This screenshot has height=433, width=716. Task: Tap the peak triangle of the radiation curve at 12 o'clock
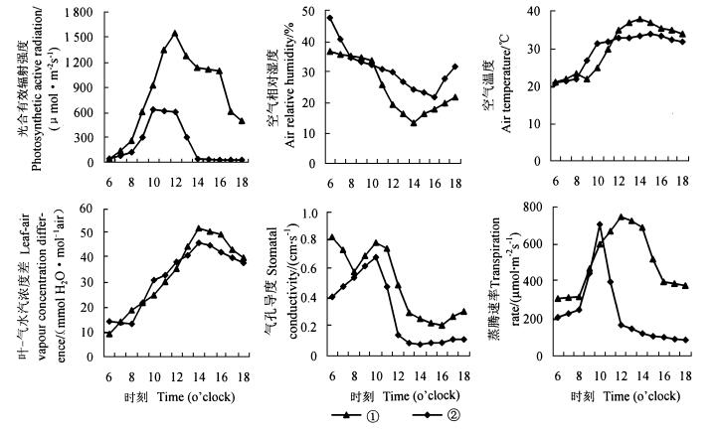pos(175,33)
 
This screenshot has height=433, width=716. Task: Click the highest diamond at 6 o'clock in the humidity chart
pos(330,18)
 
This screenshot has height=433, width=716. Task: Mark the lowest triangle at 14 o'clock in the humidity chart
pos(413,122)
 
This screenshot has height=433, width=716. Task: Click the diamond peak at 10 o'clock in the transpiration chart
pos(600,224)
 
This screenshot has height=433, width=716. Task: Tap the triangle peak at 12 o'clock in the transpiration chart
pos(622,216)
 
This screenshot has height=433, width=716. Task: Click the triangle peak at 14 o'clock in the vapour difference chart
pos(199,228)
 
